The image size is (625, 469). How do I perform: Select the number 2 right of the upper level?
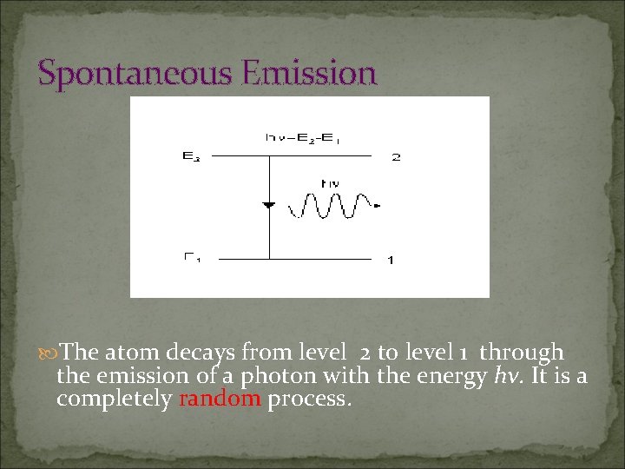tap(397, 157)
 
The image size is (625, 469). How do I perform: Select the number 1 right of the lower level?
tap(391, 260)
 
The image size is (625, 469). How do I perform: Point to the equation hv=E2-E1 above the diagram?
tap(302, 137)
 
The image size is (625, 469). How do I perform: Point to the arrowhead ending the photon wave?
tap(377, 206)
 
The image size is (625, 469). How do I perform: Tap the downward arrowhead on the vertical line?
tap(269, 205)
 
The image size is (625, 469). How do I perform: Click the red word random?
tap(220, 399)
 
